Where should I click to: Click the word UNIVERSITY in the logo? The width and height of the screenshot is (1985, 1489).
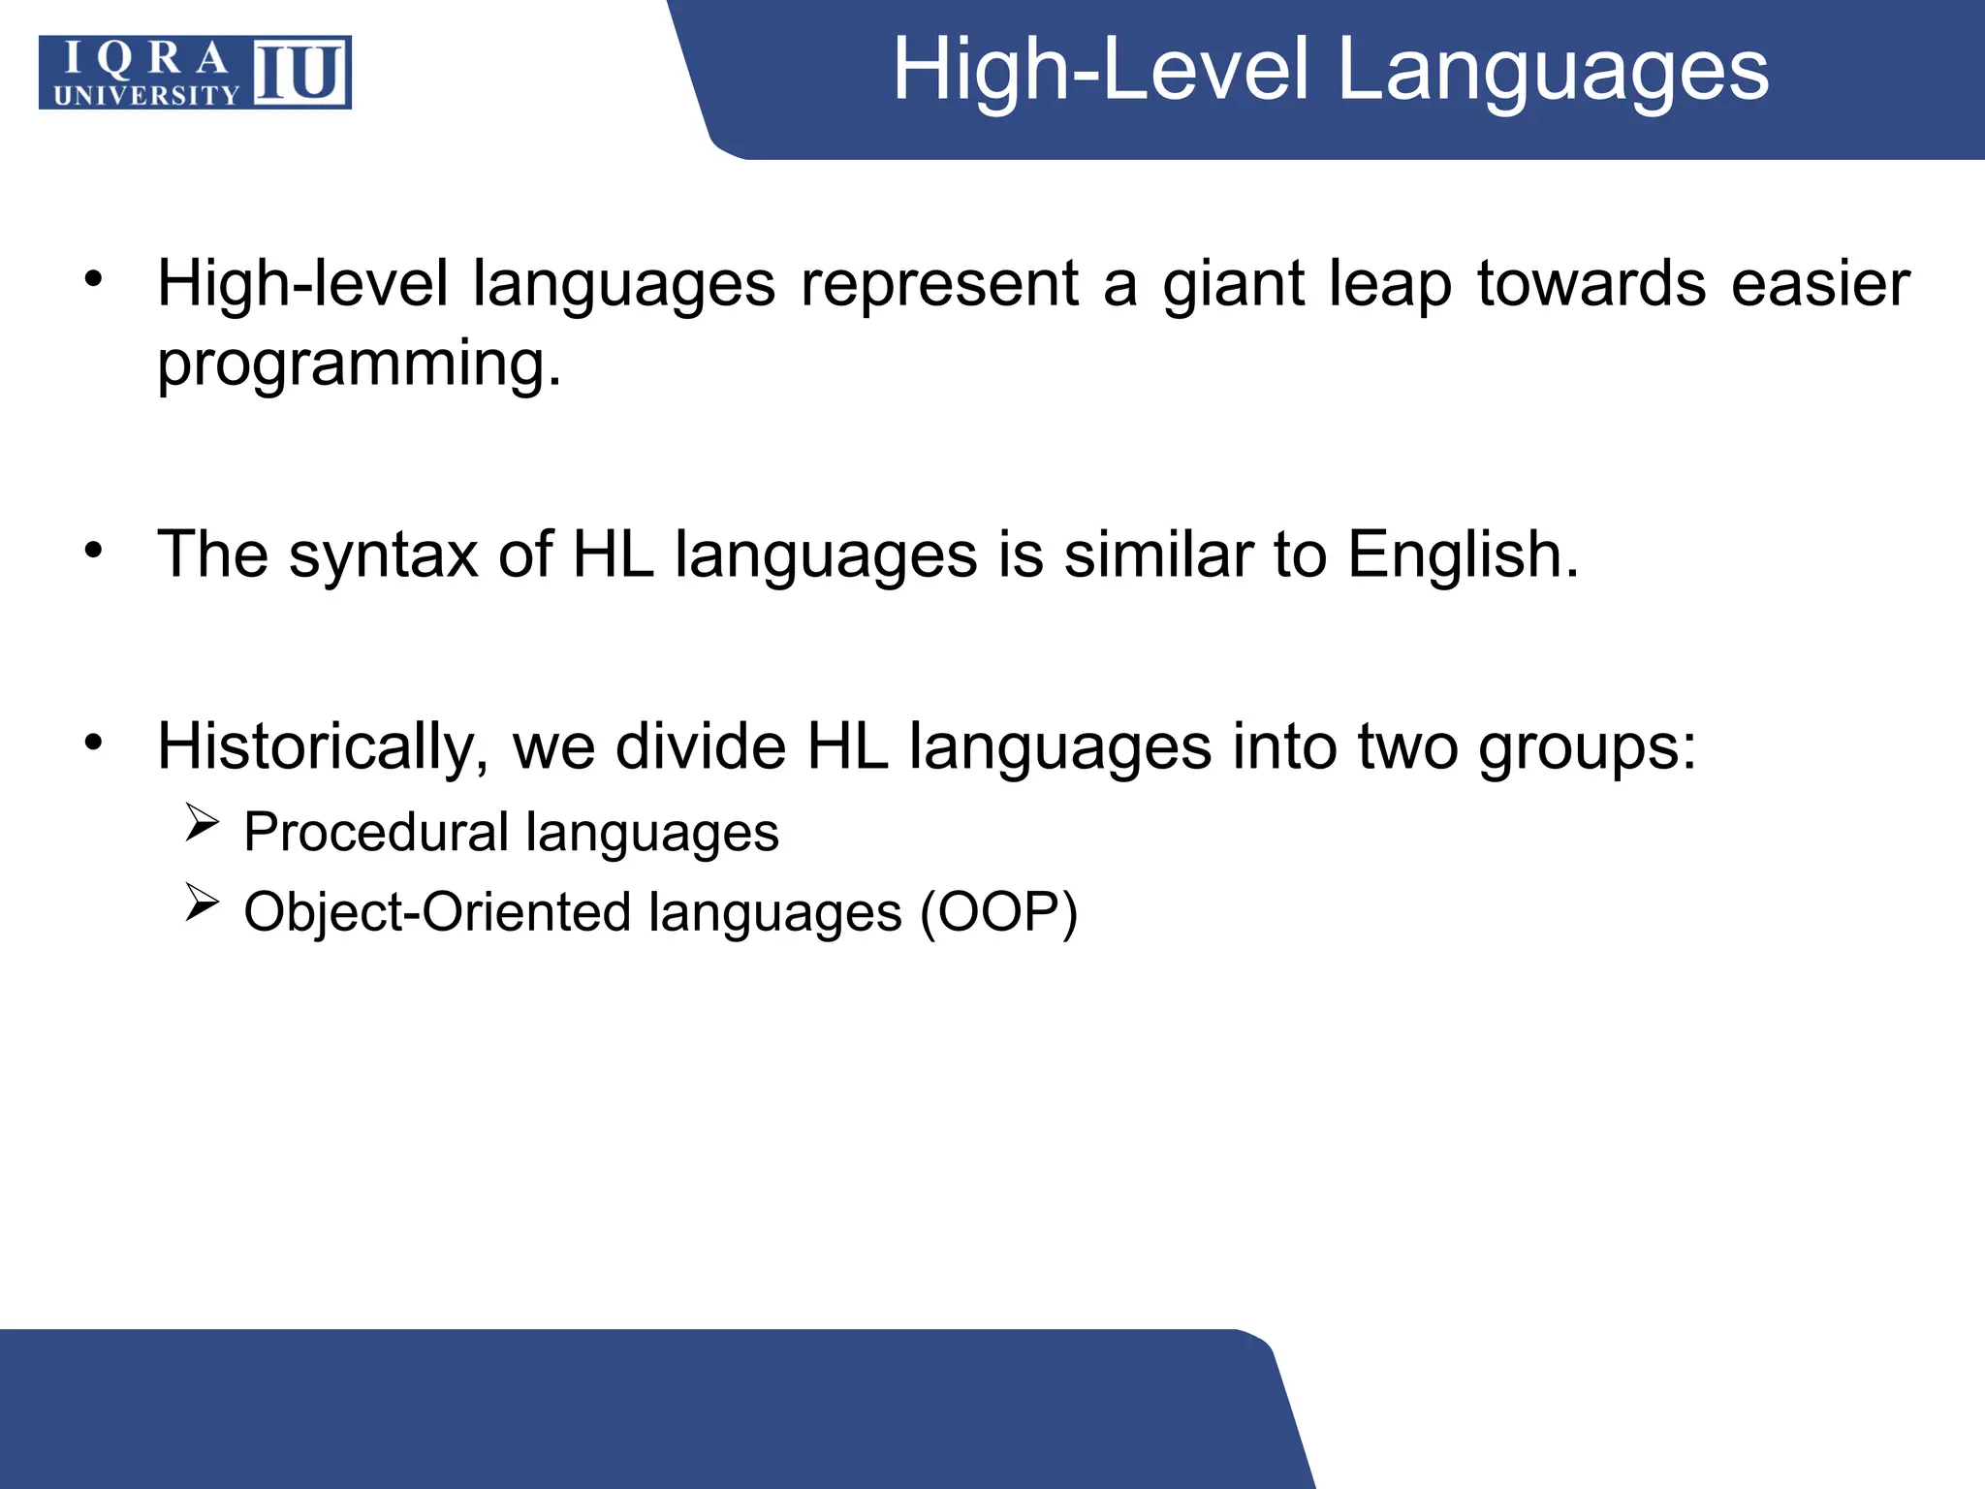(x=146, y=95)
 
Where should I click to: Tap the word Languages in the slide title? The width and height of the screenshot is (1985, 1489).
(x=1553, y=70)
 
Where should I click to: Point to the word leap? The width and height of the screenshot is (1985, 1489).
(x=1390, y=286)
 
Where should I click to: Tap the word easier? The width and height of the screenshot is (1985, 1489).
(x=1820, y=284)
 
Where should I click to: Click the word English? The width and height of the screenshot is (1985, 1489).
(x=1464, y=556)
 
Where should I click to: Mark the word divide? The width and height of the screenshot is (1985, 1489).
(x=701, y=746)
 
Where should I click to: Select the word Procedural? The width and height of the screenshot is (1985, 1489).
(x=376, y=833)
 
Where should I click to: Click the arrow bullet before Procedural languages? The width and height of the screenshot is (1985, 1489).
(x=202, y=823)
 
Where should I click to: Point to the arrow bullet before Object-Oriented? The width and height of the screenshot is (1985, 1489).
(x=202, y=903)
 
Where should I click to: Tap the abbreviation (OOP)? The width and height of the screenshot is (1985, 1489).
(x=998, y=913)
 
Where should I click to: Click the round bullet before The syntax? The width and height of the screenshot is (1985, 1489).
(x=93, y=551)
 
